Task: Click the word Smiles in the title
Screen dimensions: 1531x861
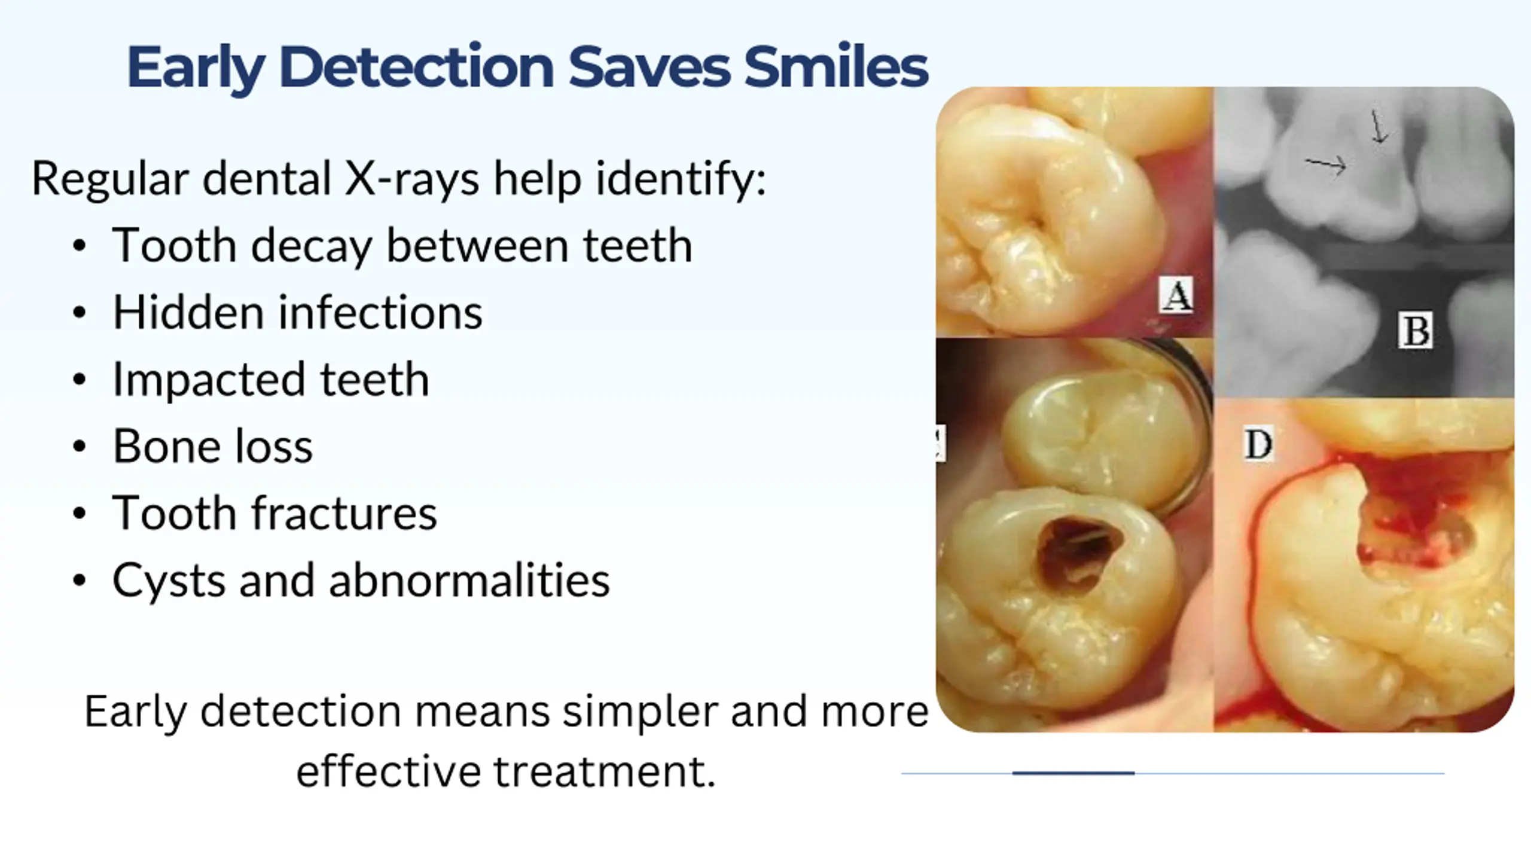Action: tap(836, 67)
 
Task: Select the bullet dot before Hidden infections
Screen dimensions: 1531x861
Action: tap(79, 313)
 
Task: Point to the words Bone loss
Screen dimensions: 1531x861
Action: tap(212, 446)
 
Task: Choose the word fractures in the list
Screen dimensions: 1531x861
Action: tap(344, 513)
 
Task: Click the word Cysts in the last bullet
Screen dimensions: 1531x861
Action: tap(169, 581)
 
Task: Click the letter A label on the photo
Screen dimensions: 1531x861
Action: tap(1176, 295)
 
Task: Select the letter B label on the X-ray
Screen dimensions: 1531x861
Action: tap(1415, 330)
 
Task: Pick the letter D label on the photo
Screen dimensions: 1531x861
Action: tap(1258, 444)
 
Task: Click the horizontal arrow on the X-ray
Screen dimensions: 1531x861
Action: tap(1325, 164)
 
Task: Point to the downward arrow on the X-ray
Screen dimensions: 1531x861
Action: tap(1378, 127)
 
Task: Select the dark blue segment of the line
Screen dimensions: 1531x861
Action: tap(1073, 773)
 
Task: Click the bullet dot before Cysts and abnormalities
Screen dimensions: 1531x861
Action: tap(79, 581)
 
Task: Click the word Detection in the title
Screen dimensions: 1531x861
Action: tap(416, 67)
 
